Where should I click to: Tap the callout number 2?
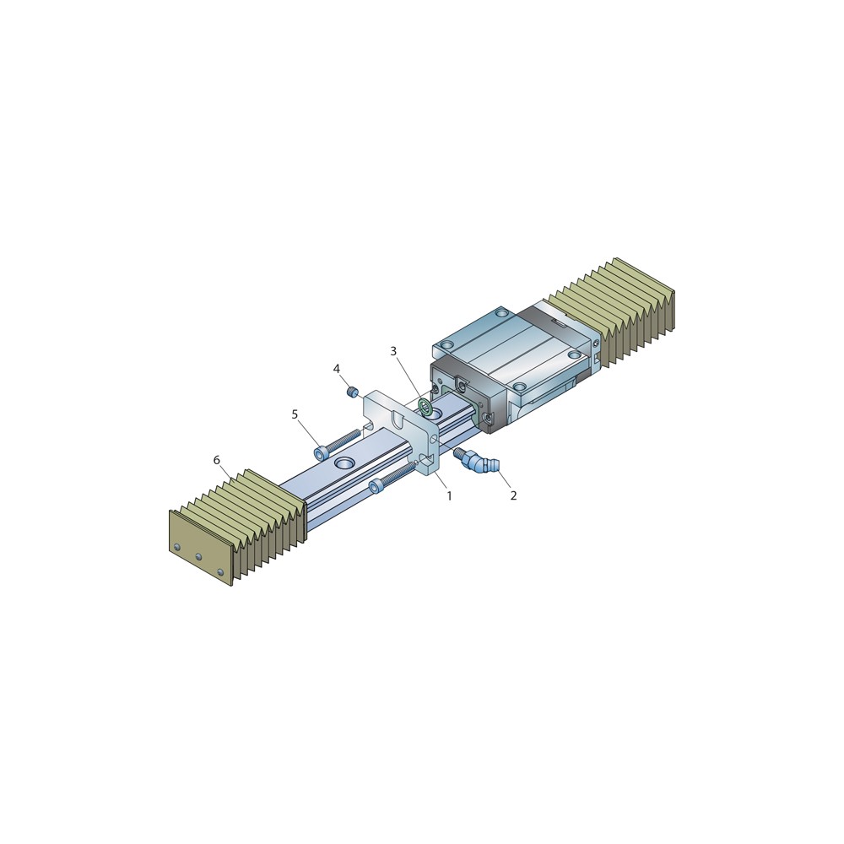pos(513,495)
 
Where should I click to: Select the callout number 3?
pos(393,351)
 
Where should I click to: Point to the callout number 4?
pos(337,369)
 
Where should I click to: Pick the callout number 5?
pos(295,414)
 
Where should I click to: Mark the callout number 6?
pos(216,460)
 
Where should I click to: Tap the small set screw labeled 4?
pos(353,392)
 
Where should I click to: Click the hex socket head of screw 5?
pos(322,454)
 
